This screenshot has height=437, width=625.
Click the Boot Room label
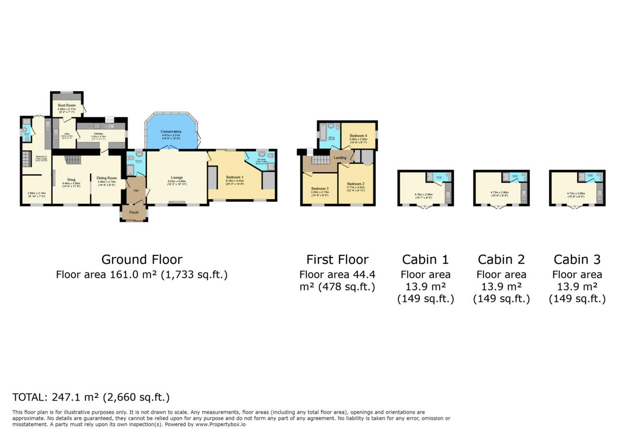pyautogui.click(x=67, y=105)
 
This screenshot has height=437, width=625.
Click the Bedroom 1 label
pyautogui.click(x=233, y=177)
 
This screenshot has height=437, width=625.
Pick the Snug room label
pyautogui.click(x=71, y=179)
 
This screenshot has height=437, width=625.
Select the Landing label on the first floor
pyautogui.click(x=340, y=157)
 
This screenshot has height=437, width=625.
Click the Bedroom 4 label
pyautogui.click(x=358, y=136)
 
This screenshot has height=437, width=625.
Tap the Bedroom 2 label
pyautogui.click(x=355, y=184)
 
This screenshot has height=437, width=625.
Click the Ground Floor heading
pyautogui.click(x=142, y=259)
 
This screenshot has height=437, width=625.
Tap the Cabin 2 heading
pyautogui.click(x=501, y=259)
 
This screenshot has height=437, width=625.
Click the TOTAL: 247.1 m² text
pyautogui.click(x=91, y=397)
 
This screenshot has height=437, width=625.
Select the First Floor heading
pyautogui.click(x=337, y=259)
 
